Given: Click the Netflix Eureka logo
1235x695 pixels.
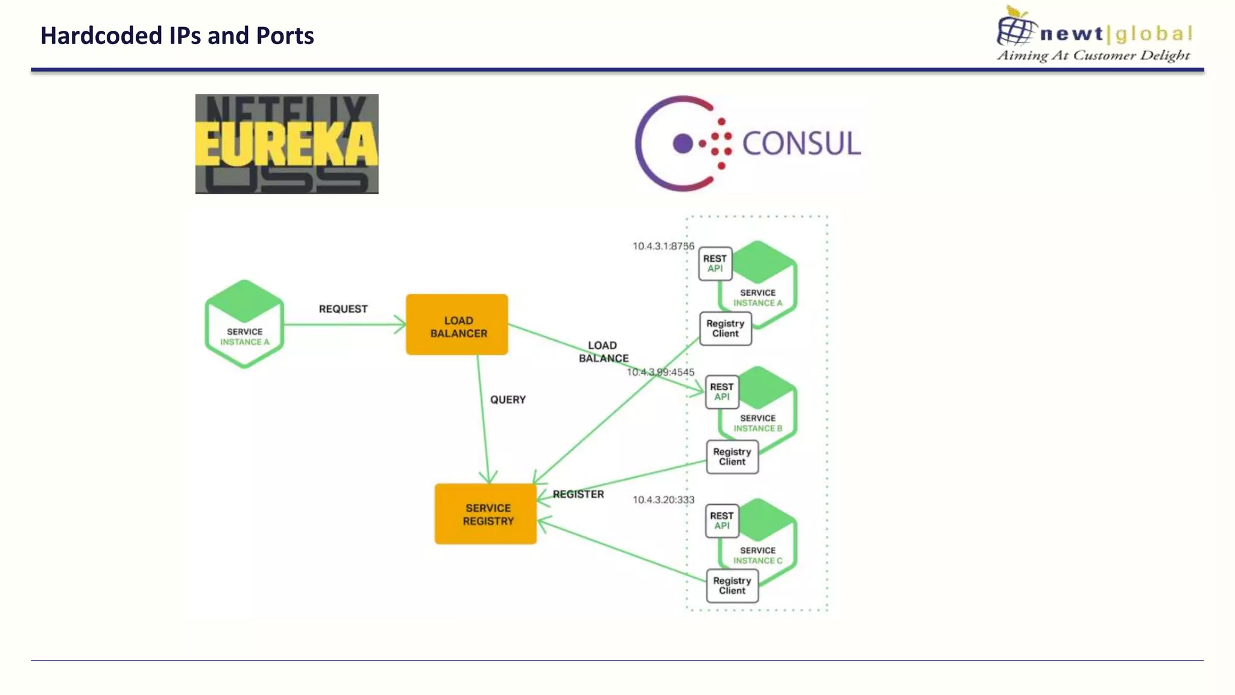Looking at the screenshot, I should point(286,144).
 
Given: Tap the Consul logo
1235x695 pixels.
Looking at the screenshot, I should point(748,144).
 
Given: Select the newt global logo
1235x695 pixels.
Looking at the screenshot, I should point(1094,34).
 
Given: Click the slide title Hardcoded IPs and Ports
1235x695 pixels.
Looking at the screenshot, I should point(177,36).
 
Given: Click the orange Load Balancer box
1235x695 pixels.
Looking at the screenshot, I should point(457,325).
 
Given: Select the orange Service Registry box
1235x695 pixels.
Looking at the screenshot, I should point(486,514).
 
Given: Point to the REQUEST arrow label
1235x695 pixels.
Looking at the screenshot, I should point(343,309).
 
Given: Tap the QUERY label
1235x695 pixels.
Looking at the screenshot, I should point(508,399).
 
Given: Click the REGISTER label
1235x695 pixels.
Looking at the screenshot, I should point(578,494).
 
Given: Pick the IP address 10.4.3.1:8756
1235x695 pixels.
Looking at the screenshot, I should point(663,246).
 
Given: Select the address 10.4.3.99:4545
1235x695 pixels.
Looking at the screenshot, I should point(661,372).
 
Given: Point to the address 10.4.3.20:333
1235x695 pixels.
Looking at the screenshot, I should point(663,500).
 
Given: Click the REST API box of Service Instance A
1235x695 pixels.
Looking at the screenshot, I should point(715,264).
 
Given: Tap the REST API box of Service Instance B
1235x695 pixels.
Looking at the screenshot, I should point(722,392).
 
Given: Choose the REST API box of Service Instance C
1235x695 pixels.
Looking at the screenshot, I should point(722,521).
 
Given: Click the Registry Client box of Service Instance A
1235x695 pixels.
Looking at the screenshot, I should point(725,329).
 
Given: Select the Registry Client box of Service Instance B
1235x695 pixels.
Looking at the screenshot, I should point(732,457).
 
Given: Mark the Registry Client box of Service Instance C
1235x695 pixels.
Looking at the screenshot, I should point(732,586).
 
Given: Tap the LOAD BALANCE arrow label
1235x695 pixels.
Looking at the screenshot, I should point(603,352).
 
